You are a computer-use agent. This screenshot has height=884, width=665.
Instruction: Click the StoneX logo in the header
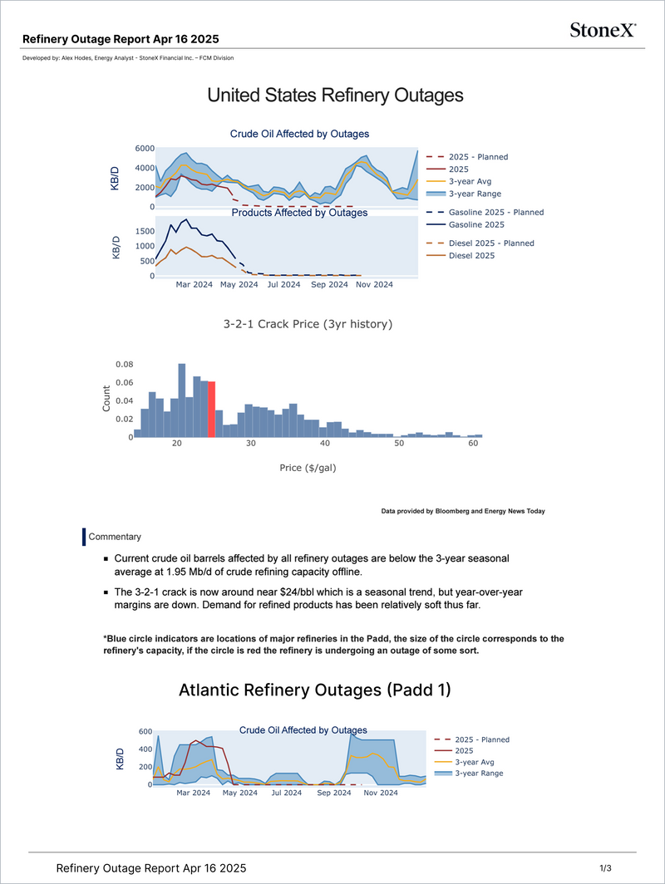click(603, 30)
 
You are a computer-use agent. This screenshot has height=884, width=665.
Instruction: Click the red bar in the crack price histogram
click(211, 410)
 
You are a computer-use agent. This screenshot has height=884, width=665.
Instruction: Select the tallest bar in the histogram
click(181, 400)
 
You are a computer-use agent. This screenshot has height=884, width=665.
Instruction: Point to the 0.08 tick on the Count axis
click(124, 364)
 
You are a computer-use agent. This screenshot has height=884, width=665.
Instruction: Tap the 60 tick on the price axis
click(473, 443)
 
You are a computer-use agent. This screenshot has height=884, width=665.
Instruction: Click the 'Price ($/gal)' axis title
click(308, 468)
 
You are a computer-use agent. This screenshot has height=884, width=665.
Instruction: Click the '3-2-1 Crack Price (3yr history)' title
click(308, 324)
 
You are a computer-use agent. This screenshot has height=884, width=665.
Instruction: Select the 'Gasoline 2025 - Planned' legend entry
click(485, 213)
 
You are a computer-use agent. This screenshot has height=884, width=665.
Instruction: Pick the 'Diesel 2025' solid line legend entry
click(461, 255)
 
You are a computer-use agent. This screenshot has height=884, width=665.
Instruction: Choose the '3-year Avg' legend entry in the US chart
click(459, 181)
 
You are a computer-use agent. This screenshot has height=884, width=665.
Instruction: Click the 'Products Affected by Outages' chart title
click(299, 213)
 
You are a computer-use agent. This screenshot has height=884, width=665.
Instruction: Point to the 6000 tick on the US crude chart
click(145, 148)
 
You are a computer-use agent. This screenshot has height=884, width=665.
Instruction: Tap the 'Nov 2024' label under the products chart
click(374, 285)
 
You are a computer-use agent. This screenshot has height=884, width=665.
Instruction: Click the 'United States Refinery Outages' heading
click(335, 96)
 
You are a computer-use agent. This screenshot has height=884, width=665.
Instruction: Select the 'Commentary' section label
click(115, 537)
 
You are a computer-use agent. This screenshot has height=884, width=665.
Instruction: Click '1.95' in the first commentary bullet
click(175, 572)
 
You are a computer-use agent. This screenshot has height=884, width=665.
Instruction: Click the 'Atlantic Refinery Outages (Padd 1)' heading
click(315, 690)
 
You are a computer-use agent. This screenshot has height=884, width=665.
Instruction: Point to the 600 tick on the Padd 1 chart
click(145, 732)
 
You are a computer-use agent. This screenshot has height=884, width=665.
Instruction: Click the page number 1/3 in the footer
click(605, 868)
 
